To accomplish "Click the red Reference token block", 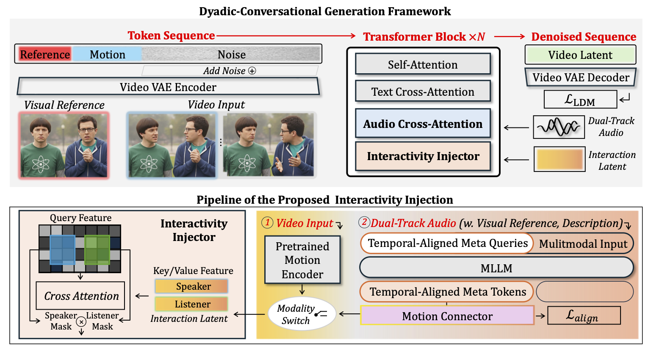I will coord(45,55).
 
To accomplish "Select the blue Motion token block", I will coord(107,55).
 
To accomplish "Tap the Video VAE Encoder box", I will coord(168,87).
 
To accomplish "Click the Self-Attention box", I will coord(423,64).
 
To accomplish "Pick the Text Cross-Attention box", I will coord(423,91).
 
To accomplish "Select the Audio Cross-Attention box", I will coord(423,124).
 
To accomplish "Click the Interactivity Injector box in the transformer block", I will coord(423,156).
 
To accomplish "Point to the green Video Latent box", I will coord(580,55).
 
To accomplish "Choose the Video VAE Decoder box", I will coord(581,78).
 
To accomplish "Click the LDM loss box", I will coord(580,100).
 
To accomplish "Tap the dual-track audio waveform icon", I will coord(559,127).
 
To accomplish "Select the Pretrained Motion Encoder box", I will coord(302,260).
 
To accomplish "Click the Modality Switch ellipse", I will coord(302,314).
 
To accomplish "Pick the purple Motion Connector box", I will coord(447,316).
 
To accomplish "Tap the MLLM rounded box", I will coord(496,268).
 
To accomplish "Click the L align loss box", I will coord(584,316).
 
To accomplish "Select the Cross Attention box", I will coord(80,296).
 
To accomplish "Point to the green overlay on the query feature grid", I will coord(97,250).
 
